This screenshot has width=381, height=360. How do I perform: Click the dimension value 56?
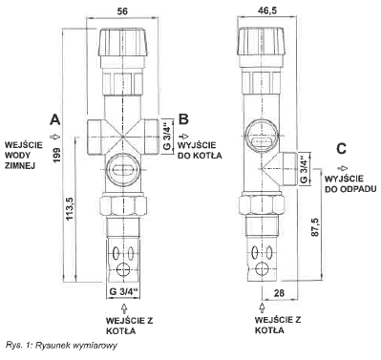click(x=122, y=11)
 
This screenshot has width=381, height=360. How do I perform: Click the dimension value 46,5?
click(x=266, y=11)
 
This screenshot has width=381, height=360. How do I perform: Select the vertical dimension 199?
click(x=57, y=155)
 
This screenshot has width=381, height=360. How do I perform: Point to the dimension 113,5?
click(x=70, y=208)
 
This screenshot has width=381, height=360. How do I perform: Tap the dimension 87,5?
click(x=315, y=227)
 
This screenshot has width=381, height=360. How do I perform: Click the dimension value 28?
click(x=279, y=293)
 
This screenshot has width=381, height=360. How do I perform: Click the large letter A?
click(x=54, y=119)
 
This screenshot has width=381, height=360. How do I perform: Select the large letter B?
click(x=183, y=119)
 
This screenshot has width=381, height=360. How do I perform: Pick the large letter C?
click(x=341, y=149)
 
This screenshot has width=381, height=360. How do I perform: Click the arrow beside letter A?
click(x=55, y=137)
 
